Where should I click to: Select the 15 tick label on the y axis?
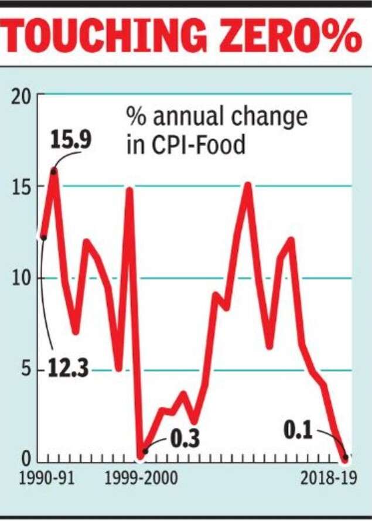click(x=22, y=187)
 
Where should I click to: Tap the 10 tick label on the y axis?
click(x=22, y=278)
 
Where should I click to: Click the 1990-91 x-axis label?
click(x=46, y=479)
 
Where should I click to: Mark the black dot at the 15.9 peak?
click(x=54, y=171)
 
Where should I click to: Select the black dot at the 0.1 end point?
click(x=346, y=457)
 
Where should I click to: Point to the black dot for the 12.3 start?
click(x=43, y=237)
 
